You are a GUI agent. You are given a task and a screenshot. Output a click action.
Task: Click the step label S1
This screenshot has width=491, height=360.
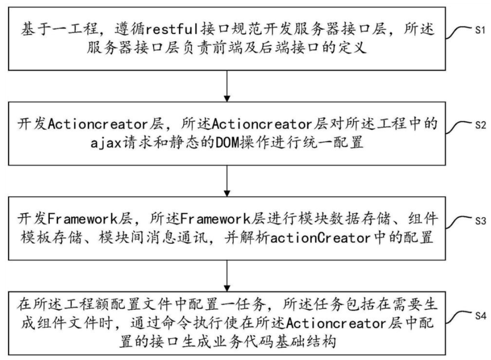480,30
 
